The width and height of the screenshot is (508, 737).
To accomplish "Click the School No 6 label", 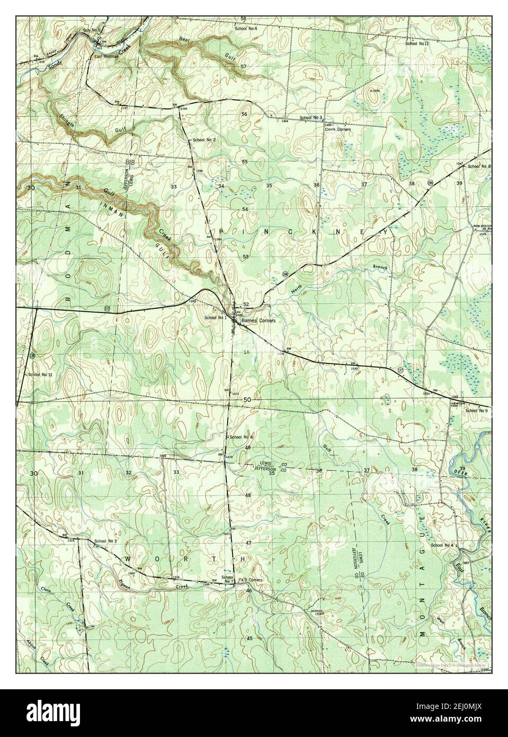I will pyautogui.click(x=242, y=436).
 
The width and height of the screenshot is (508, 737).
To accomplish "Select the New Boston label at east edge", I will pyautogui.click(x=482, y=226).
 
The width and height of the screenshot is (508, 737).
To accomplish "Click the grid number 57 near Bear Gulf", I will pyautogui.click(x=244, y=66).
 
